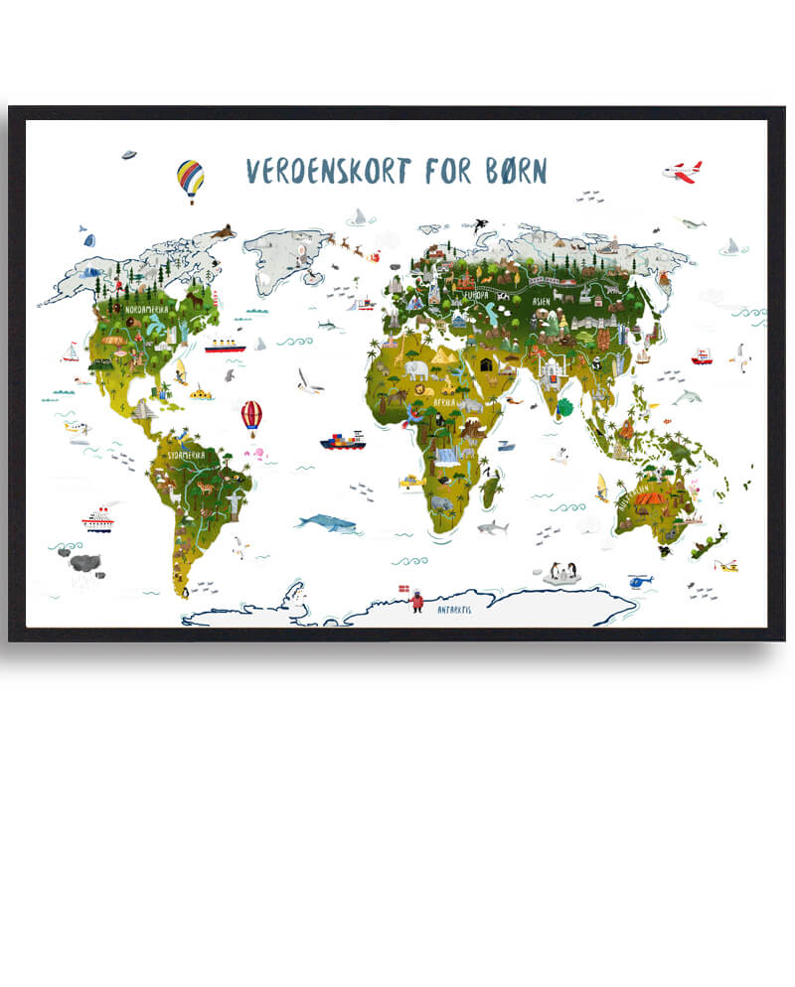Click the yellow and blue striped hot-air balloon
point(190,180)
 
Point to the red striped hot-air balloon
point(251,414)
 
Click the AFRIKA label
point(443,402)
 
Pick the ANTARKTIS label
point(454,608)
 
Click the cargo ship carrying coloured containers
point(343,440)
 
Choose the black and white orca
point(480,224)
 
